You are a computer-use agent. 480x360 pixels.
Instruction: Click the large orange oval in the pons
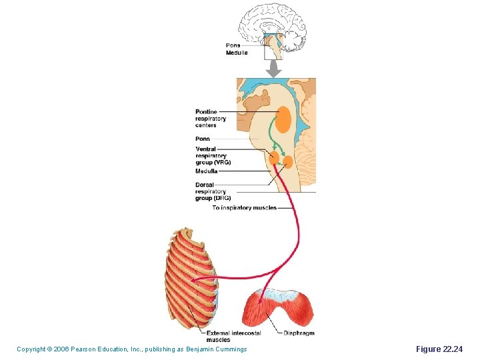pyautogui.click(x=283, y=119)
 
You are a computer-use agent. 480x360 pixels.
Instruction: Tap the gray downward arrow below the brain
pyautogui.click(x=273, y=68)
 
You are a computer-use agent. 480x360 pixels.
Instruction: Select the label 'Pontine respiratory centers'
pyautogui.click(x=211, y=118)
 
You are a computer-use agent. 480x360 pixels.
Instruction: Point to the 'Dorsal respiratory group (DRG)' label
pyautogui.click(x=213, y=191)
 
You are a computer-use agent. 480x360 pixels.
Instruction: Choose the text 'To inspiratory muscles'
pyautogui.click(x=244, y=208)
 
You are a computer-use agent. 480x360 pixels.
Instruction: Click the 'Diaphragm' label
pyautogui.click(x=299, y=333)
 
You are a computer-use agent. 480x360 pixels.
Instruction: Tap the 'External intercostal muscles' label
pyautogui.click(x=233, y=336)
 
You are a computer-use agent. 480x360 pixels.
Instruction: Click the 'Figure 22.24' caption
pyautogui.click(x=438, y=349)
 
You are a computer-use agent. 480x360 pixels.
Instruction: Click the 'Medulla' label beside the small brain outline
pyautogui.click(x=237, y=53)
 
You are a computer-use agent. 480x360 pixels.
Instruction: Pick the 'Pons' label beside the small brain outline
pyautogui.click(x=233, y=45)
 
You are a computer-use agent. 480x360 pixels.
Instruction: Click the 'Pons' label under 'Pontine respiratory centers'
pyautogui.click(x=203, y=139)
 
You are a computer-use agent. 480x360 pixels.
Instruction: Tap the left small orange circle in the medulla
pyautogui.click(x=274, y=157)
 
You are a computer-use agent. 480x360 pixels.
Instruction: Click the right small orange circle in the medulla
pyautogui.click(x=287, y=161)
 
